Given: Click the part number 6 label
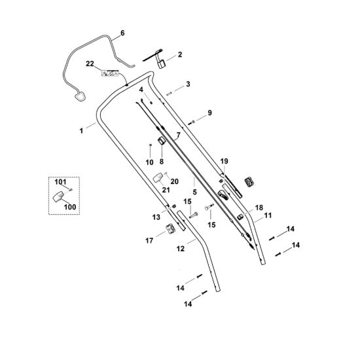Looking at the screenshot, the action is click(x=122, y=33).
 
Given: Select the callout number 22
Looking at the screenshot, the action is click(x=90, y=63).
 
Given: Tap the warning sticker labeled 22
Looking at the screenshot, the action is click(x=110, y=73).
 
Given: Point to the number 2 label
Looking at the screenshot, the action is click(x=180, y=54).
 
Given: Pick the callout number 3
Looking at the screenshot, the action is click(x=188, y=84).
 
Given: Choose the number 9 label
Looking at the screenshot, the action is click(x=209, y=113).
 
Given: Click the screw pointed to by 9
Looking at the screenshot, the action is click(x=192, y=122).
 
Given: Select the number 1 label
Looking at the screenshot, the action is click(x=81, y=131).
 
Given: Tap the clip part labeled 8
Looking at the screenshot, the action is click(x=162, y=141).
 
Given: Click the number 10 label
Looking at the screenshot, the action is click(x=149, y=162).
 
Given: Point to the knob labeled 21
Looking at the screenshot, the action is click(x=158, y=177).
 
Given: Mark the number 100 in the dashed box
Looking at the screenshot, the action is click(x=70, y=207).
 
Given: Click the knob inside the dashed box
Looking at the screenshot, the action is click(x=58, y=196).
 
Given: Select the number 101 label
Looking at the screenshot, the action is click(x=60, y=182).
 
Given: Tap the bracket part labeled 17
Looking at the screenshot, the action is click(x=171, y=229).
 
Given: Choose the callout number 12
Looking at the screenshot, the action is click(x=181, y=249).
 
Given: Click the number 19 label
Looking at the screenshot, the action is click(x=225, y=161).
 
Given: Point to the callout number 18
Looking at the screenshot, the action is click(x=259, y=207).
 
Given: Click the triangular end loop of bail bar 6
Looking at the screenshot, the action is click(x=80, y=96).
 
